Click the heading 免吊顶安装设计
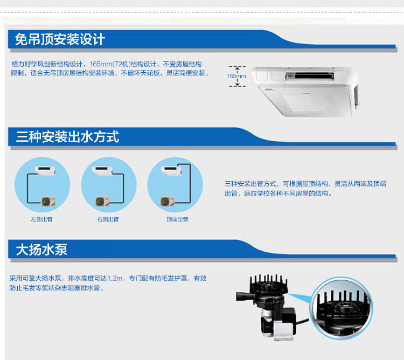pyautogui.click(x=60, y=39)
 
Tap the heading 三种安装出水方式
pyautogui.click(x=67, y=136)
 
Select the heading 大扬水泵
pyautogui.click(x=41, y=250)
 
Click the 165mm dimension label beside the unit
pyautogui.click(x=236, y=77)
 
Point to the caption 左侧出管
pyautogui.click(x=41, y=219)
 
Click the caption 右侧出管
pyautogui.click(x=108, y=219)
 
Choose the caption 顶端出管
pyautogui.click(x=178, y=219)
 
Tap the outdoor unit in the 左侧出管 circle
pyautogui.click(x=48, y=201)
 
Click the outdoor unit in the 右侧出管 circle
pyautogui.click(x=102, y=201)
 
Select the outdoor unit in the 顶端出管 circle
pyautogui.click(x=168, y=201)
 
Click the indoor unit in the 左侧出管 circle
pyautogui.click(x=45, y=171)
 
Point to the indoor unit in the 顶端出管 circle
pyautogui.click(x=171, y=171)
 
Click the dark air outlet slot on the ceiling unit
pyautogui.click(x=310, y=76)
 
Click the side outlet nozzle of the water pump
pyautogui.click(x=243, y=296)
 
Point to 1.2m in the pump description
pyautogui.click(x=115, y=278)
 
